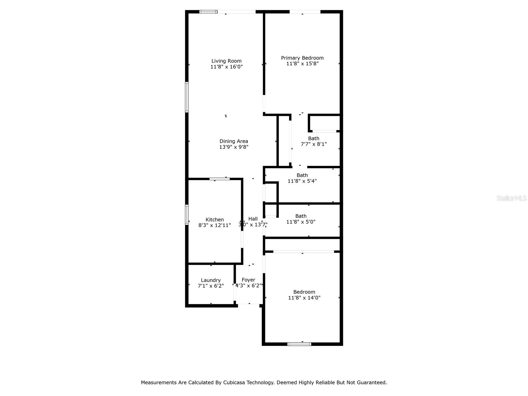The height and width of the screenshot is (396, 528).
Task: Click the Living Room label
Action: coord(226,61)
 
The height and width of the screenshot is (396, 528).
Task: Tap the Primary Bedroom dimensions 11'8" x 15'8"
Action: coord(302,64)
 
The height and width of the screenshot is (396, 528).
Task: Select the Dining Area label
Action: coord(234,141)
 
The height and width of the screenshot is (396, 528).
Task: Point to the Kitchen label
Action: coord(214,219)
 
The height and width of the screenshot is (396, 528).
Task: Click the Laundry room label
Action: coord(211,280)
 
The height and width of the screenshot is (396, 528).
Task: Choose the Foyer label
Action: coord(248,280)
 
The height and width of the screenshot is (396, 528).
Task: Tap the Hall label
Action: coord(253,219)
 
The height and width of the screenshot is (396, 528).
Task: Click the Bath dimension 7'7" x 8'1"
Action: coord(314,144)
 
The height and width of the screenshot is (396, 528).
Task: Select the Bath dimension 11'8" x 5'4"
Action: coord(302,181)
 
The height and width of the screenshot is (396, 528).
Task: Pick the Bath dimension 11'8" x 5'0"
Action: coord(301,222)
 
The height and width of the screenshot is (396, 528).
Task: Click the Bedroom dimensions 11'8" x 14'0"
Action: coord(304,298)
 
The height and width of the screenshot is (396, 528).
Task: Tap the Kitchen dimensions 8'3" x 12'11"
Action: coord(214,225)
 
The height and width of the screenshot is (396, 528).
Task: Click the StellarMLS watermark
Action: coord(511,198)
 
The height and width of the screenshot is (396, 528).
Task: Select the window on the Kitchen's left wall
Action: coord(187,215)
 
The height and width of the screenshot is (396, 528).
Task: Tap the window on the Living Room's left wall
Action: coord(187,97)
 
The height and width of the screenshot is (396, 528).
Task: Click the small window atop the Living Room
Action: coord(208,12)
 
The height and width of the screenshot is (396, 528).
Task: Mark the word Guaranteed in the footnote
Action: coord(372,382)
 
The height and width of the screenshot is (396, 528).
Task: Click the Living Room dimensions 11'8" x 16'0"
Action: coord(226,67)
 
